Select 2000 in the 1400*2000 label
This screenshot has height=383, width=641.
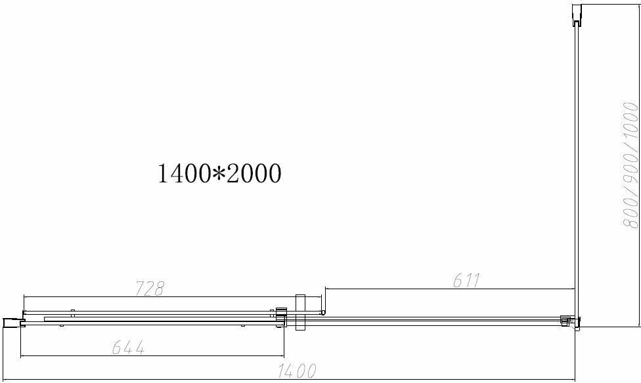pos(254,173)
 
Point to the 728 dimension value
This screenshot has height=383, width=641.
pos(149,289)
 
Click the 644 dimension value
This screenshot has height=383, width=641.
pos(128,348)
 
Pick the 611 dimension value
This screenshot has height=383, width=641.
pos(466,280)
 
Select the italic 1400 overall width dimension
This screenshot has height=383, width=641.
pos(297,371)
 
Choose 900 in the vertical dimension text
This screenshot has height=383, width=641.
pos(630,167)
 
